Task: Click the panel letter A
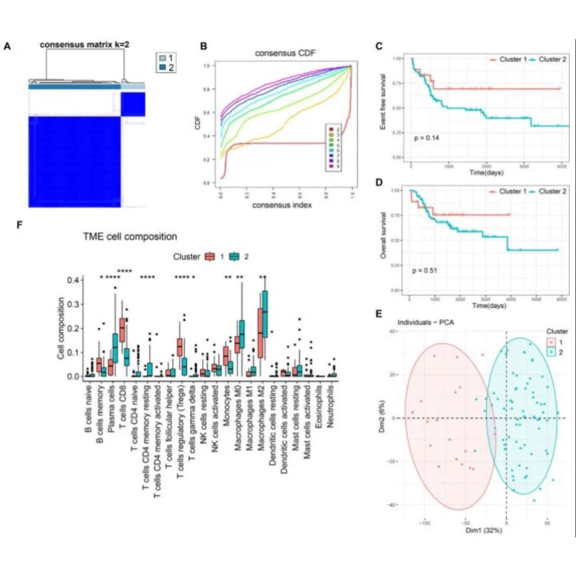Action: [7, 46]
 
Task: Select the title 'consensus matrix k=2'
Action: [84, 45]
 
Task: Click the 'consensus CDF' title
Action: [285, 53]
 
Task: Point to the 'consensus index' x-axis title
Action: [282, 205]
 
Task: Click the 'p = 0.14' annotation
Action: [427, 138]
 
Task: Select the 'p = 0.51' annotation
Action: [425, 270]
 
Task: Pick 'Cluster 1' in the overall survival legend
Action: [513, 191]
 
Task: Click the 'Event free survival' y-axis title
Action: [383, 102]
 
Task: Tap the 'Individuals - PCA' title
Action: [426, 322]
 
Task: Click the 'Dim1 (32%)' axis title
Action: [484, 530]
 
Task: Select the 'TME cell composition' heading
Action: [130, 237]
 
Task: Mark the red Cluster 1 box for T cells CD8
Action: [122, 330]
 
